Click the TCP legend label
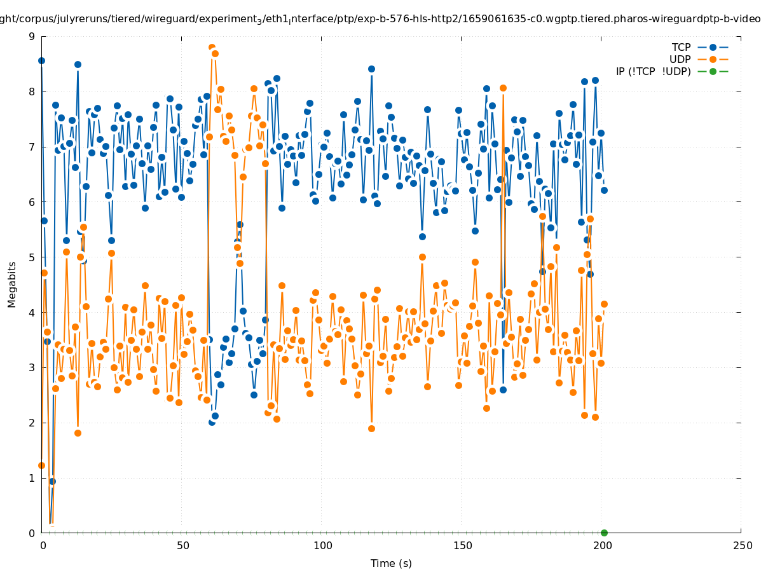pyautogui.click(x=681, y=47)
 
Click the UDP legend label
pyautogui.click(x=680, y=59)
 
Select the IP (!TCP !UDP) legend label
pyautogui.click(x=653, y=71)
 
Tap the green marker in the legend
pyautogui.click(x=713, y=71)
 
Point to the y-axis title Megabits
pyautogui.click(x=12, y=284)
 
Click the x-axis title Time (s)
pyautogui.click(x=391, y=563)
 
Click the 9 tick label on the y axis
pyautogui.click(x=32, y=36)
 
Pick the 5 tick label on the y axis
pyautogui.click(x=32, y=257)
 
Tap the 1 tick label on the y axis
pyautogui.click(x=32, y=478)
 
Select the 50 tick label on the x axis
pyautogui.click(x=183, y=545)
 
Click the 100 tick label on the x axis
pyautogui.click(x=323, y=545)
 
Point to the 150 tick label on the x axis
pyautogui.click(x=463, y=545)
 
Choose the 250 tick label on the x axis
pyautogui.click(x=742, y=545)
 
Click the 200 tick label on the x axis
pyautogui.click(x=603, y=545)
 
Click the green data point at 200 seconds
pyautogui.click(x=604, y=533)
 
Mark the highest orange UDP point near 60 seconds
pyautogui.click(x=212, y=48)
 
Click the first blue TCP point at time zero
pyautogui.click(x=41, y=60)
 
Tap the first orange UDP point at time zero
pyautogui.click(x=41, y=465)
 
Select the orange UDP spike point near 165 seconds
pyautogui.click(x=503, y=88)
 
